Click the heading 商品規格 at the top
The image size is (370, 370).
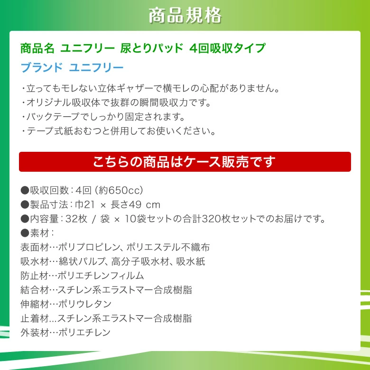(185, 16)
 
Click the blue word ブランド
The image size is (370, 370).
(42, 68)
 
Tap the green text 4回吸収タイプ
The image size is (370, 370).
(228, 48)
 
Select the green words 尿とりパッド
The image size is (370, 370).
(151, 48)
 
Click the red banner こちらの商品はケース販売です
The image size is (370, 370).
(185, 162)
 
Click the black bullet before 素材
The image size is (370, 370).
(25, 233)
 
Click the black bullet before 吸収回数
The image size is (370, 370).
(25, 190)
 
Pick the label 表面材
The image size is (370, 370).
(35, 247)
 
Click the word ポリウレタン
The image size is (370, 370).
(85, 304)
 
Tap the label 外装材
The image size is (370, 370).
(35, 333)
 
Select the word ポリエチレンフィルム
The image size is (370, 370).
(101, 276)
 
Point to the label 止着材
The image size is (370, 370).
(35, 318)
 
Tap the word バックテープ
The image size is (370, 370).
(53, 117)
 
